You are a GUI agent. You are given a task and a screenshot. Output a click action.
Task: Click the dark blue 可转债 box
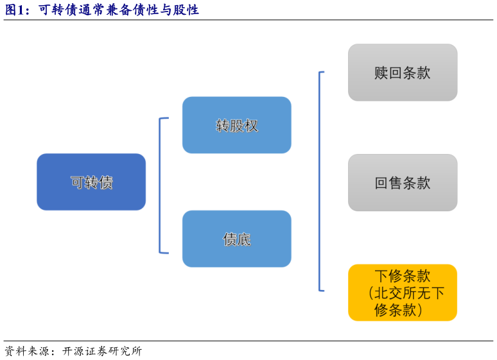(91, 182)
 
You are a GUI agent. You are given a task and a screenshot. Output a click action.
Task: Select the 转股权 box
(236, 125)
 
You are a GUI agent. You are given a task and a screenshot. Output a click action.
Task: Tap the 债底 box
(236, 239)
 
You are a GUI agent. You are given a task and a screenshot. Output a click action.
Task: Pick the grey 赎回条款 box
(403, 73)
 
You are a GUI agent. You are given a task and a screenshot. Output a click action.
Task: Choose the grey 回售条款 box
(403, 183)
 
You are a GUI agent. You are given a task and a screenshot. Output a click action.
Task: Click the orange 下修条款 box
(403, 293)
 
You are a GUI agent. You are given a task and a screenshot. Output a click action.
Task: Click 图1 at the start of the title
(14, 10)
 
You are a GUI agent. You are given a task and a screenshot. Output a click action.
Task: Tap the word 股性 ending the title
(186, 10)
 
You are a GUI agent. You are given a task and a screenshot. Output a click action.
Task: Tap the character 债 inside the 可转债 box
(106, 182)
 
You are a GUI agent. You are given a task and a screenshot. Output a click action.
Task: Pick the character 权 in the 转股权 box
(251, 126)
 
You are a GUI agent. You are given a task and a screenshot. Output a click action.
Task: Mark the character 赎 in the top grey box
(381, 73)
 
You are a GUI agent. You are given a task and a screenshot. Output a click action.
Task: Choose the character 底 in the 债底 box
(244, 239)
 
